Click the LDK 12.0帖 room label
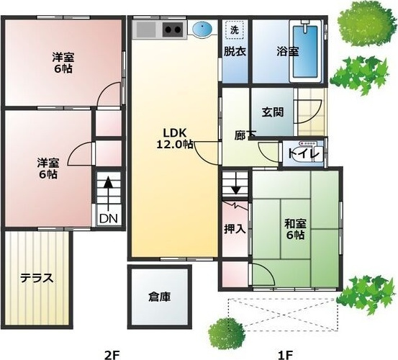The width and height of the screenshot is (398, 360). coord(175,138)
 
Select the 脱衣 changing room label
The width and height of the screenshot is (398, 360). coord(234,51)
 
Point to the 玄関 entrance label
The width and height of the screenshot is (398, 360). coord(272,112)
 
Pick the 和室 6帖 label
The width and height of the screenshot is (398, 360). coord(294,229)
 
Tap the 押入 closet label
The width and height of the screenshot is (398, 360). coord(234,230)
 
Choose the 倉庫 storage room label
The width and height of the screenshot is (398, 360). coord(160,296)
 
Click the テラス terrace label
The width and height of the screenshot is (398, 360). coord(37,278)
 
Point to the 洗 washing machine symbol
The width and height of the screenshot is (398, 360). coord(234,30)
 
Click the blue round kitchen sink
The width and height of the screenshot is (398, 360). coord(203,30)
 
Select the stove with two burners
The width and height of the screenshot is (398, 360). coord(173,30)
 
